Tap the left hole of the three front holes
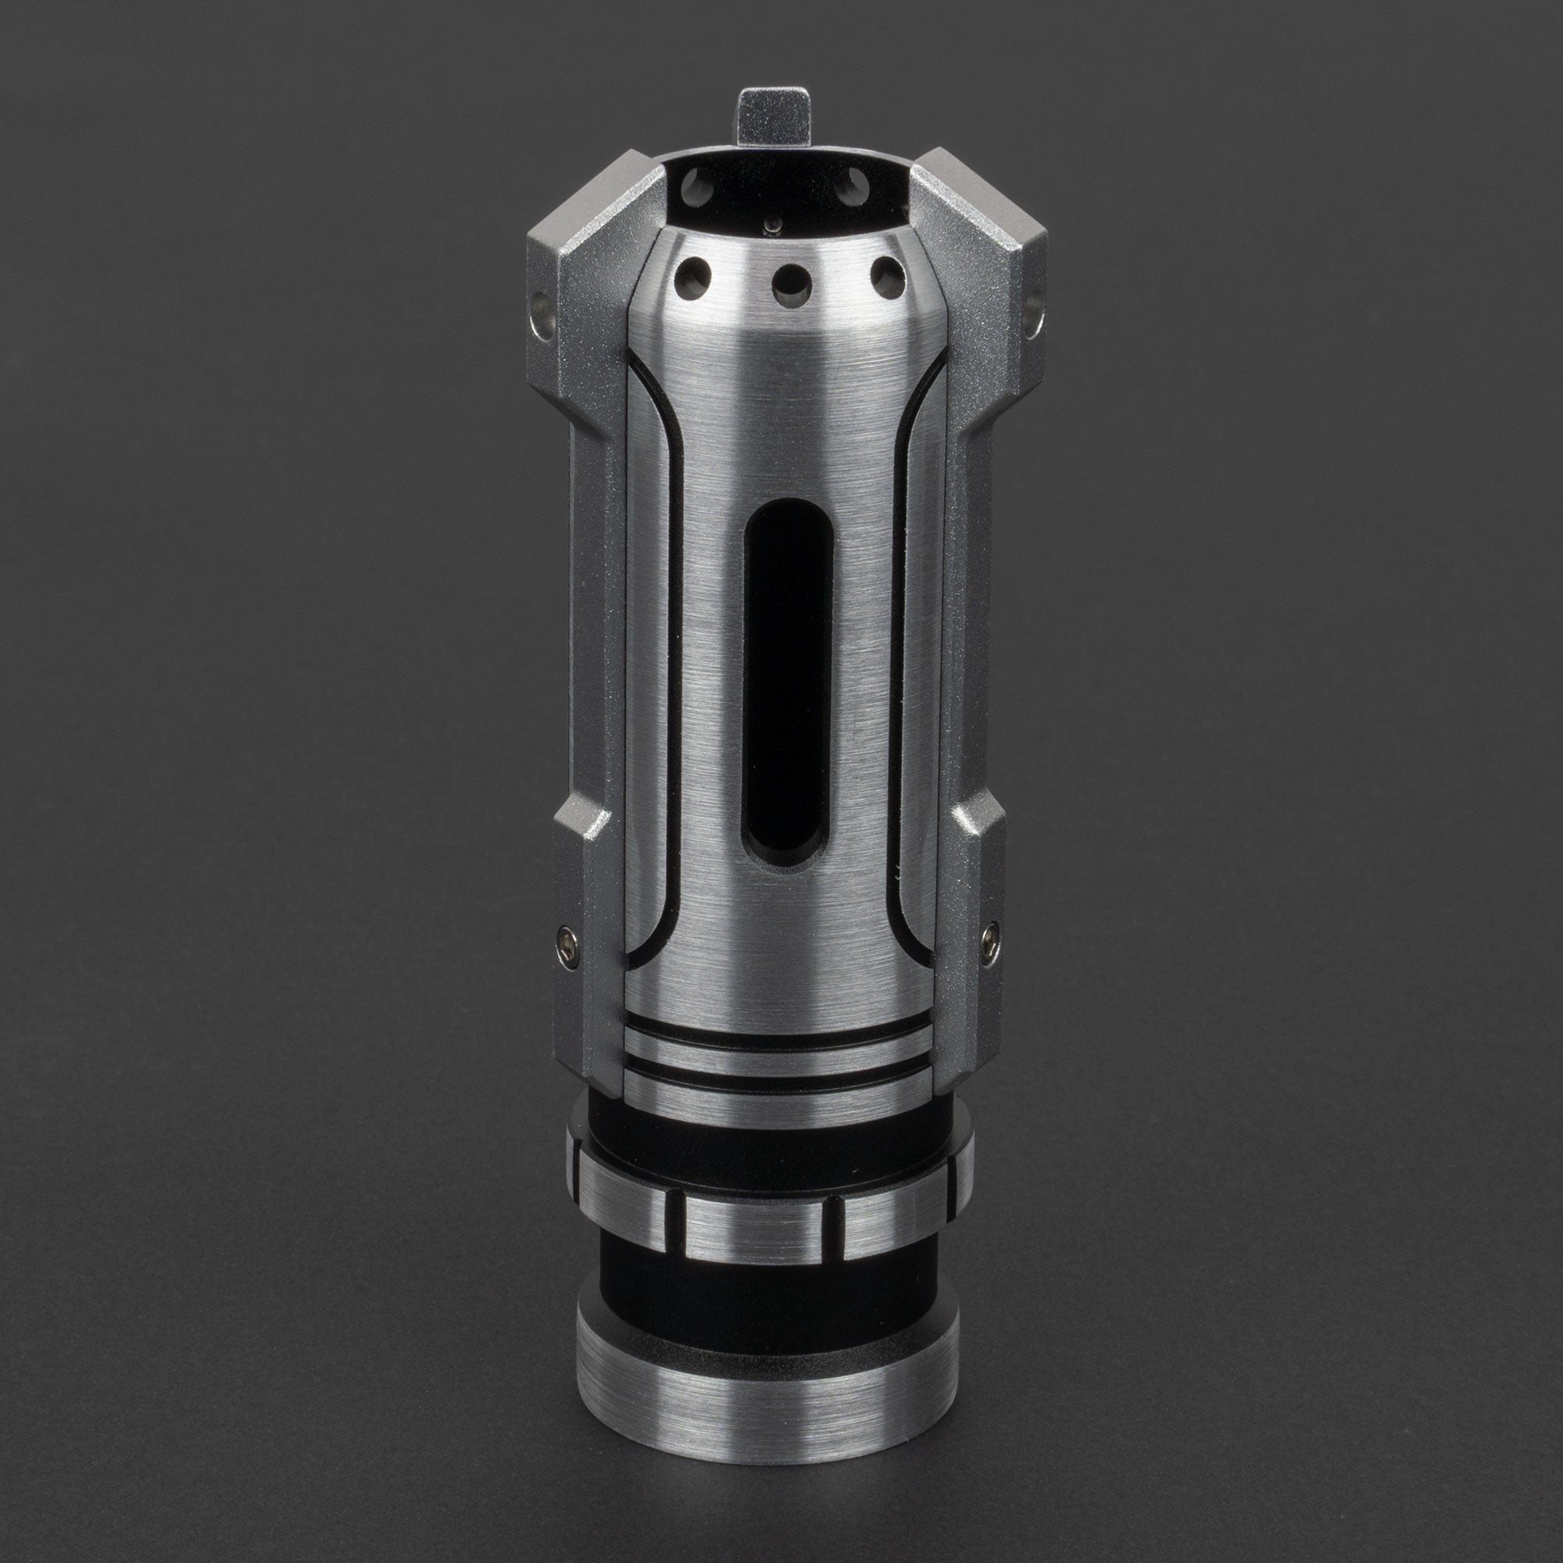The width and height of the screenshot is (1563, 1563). coord(693,275)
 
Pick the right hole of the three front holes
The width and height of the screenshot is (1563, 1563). coord(889,276)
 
